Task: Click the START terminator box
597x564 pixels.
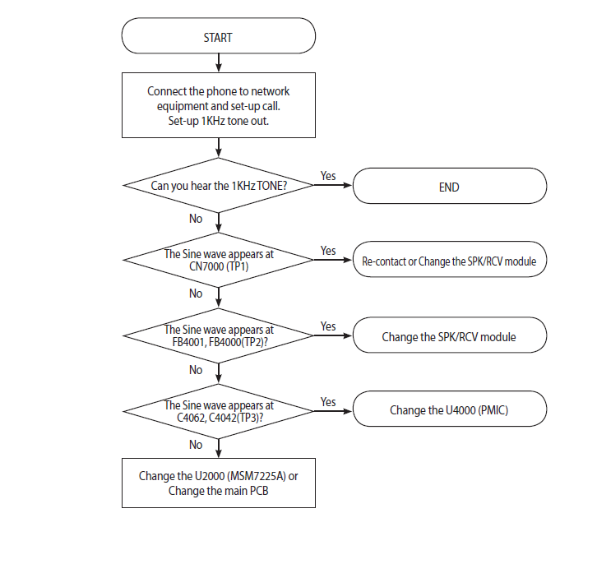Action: pyautogui.click(x=219, y=35)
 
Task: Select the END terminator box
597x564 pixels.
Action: pyautogui.click(x=450, y=186)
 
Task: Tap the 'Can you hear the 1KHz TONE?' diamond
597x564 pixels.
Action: pyautogui.click(x=219, y=185)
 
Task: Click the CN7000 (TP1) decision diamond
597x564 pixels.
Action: pyautogui.click(x=219, y=260)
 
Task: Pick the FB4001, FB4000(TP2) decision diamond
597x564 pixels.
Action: pyautogui.click(x=219, y=335)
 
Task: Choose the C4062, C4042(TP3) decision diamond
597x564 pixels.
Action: pyautogui.click(x=219, y=411)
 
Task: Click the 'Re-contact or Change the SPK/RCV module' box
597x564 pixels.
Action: pyautogui.click(x=450, y=259)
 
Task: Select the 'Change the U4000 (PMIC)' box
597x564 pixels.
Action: pyautogui.click(x=450, y=409)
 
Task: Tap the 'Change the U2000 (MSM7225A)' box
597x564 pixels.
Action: pyautogui.click(x=219, y=483)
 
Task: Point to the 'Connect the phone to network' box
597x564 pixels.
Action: pyautogui.click(x=219, y=105)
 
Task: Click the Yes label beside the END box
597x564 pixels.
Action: pyautogui.click(x=328, y=176)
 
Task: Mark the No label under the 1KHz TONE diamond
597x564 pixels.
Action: pyautogui.click(x=196, y=219)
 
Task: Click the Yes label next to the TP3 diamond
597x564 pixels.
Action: pyautogui.click(x=328, y=402)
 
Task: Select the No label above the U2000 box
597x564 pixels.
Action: pyautogui.click(x=196, y=445)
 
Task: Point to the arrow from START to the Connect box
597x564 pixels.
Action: pyautogui.click(x=219, y=62)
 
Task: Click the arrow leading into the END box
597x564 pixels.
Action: pyautogui.click(x=333, y=185)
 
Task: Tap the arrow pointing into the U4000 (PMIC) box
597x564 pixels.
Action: pyautogui.click(x=333, y=411)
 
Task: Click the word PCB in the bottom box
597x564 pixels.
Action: pyautogui.click(x=259, y=491)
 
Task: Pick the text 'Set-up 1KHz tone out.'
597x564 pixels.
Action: pyautogui.click(x=219, y=121)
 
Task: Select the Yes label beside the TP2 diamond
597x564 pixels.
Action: pyautogui.click(x=328, y=326)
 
